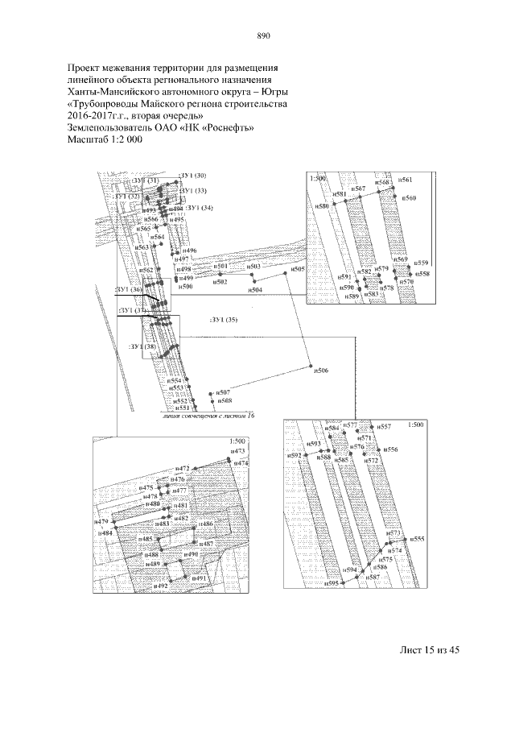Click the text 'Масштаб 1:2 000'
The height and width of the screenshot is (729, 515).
(105, 139)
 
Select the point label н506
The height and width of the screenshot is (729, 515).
(320, 371)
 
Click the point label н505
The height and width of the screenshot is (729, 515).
(299, 271)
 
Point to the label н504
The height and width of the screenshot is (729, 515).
(255, 289)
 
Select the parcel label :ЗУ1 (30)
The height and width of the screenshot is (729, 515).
(193, 175)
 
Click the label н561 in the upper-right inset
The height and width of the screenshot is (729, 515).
(406, 179)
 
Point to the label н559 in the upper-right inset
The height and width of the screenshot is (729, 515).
(422, 263)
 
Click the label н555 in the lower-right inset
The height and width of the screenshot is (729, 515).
(418, 538)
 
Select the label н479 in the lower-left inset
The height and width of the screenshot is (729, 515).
(101, 522)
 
